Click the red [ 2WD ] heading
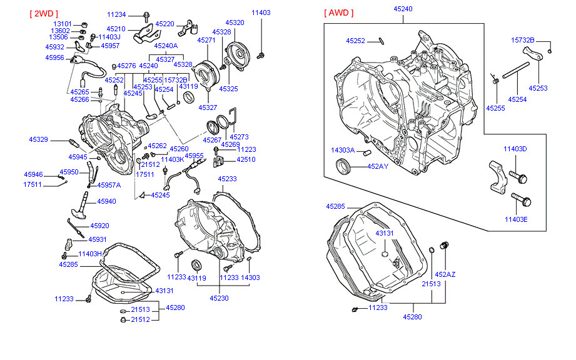click(x=42, y=13)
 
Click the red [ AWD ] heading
click(x=339, y=13)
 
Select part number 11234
click(x=116, y=14)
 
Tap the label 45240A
click(x=166, y=46)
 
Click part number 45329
click(x=38, y=139)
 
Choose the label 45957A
click(x=109, y=185)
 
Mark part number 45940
click(x=106, y=201)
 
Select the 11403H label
click(x=90, y=254)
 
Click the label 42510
click(x=246, y=159)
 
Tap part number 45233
click(x=227, y=179)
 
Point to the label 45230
click(x=219, y=298)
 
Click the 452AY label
click(x=377, y=166)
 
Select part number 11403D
click(x=515, y=149)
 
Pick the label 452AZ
click(x=445, y=274)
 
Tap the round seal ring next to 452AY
click(x=344, y=167)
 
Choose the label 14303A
click(x=343, y=150)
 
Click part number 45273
click(x=239, y=137)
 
